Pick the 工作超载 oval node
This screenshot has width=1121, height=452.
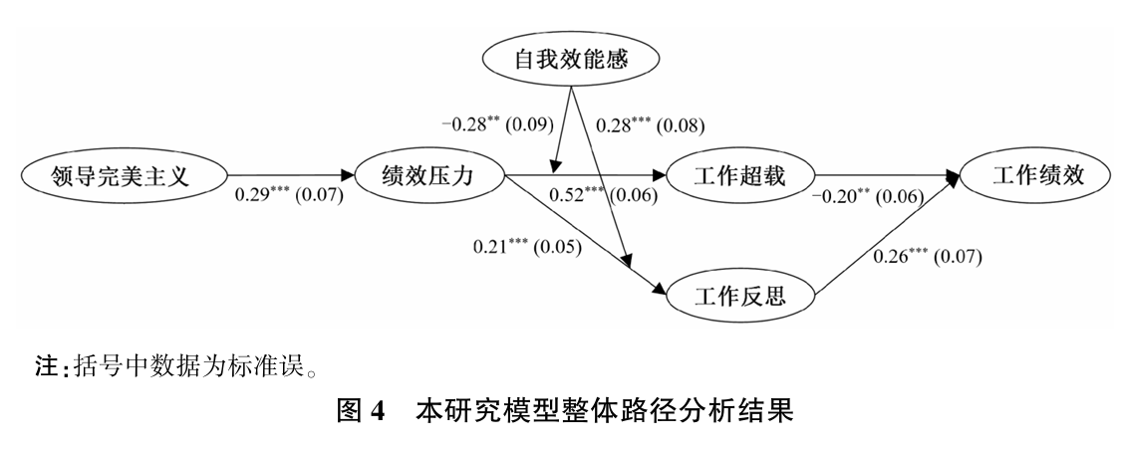[x=740, y=177]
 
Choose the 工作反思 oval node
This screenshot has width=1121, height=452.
[x=740, y=296]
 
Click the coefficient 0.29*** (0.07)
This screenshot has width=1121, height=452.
[x=288, y=195]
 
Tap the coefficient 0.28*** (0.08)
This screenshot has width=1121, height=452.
[x=650, y=125]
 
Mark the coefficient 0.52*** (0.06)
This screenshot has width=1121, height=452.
[x=604, y=195]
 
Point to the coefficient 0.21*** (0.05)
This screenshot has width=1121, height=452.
[x=528, y=244]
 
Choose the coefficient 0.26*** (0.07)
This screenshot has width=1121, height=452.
[x=927, y=257]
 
